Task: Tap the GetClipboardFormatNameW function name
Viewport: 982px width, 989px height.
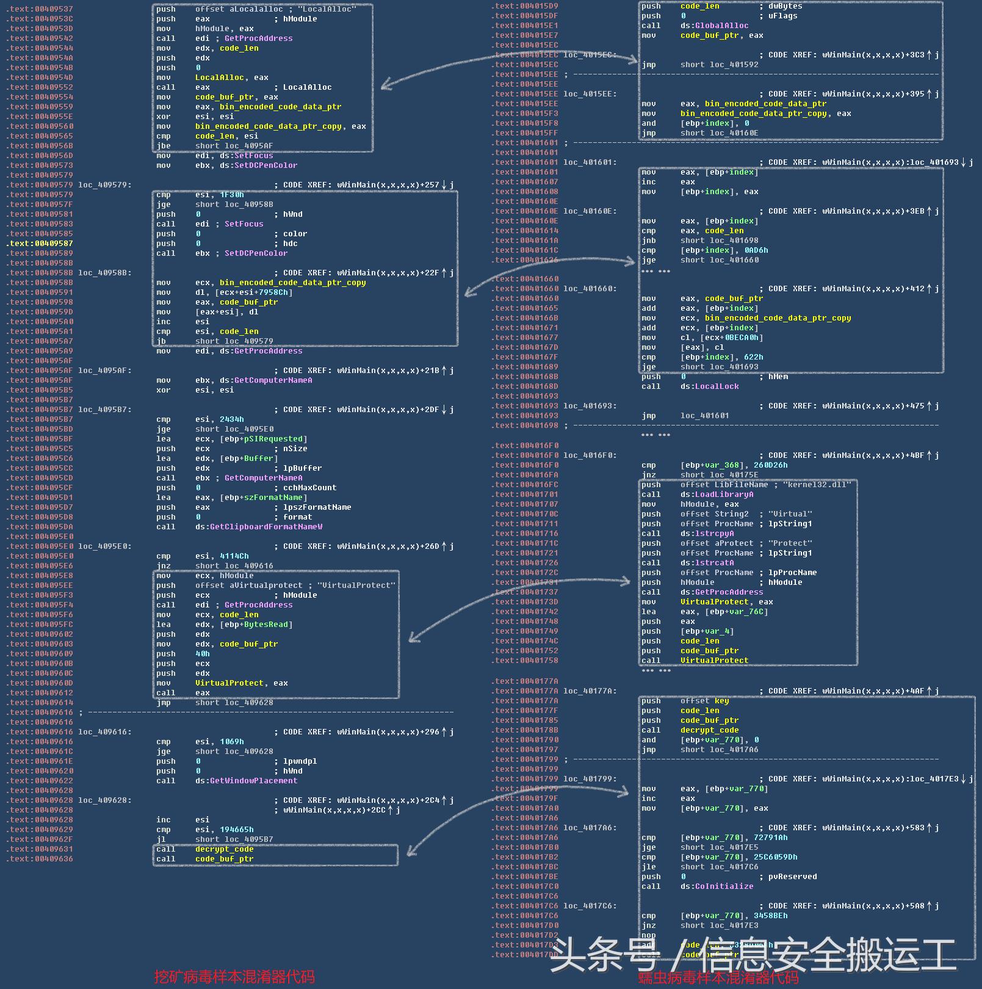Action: click(266, 527)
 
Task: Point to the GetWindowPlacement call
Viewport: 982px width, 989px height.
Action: click(253, 781)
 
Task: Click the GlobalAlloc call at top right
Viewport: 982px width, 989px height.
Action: click(721, 26)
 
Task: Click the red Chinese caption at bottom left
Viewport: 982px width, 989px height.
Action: click(234, 977)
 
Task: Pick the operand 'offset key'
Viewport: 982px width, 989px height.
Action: click(704, 701)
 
